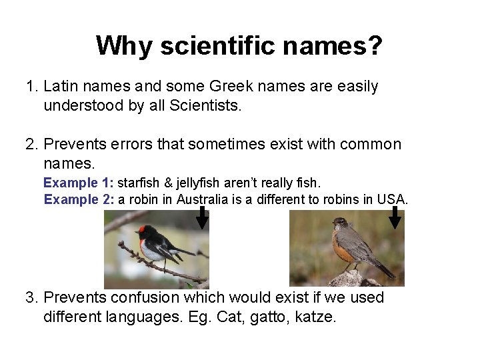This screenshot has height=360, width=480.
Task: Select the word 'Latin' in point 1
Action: click(x=61, y=87)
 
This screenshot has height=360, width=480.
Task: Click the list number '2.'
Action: click(x=31, y=145)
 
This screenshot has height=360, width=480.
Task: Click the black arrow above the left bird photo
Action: click(x=202, y=217)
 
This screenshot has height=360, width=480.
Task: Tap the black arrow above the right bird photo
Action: click(x=395, y=217)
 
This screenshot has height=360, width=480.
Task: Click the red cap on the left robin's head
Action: click(x=142, y=229)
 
